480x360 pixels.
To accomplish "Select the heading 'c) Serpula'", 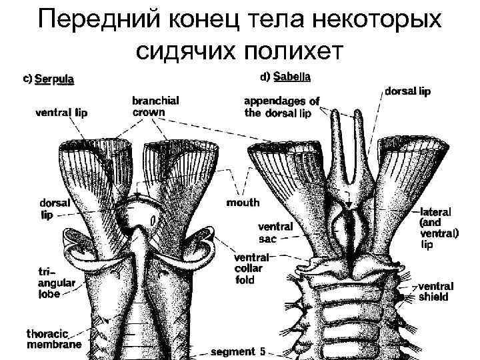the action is [49, 79].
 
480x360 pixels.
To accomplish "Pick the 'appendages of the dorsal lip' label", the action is [281, 107].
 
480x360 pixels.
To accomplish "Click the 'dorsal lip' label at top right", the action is [408, 91].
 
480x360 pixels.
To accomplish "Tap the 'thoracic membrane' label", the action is [53, 339].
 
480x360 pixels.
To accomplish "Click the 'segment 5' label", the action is [238, 351].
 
